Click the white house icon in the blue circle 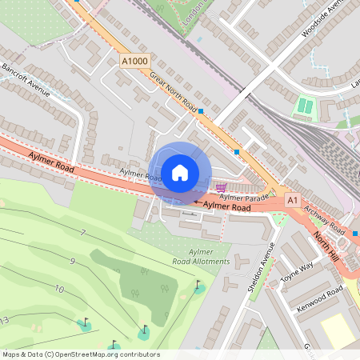click(180, 173)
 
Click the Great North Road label click(173, 90)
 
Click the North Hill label click(328, 242)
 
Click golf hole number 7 click(82, 233)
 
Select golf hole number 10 click(59, 288)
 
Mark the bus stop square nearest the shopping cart click(237, 151)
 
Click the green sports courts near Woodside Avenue click(305, 106)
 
